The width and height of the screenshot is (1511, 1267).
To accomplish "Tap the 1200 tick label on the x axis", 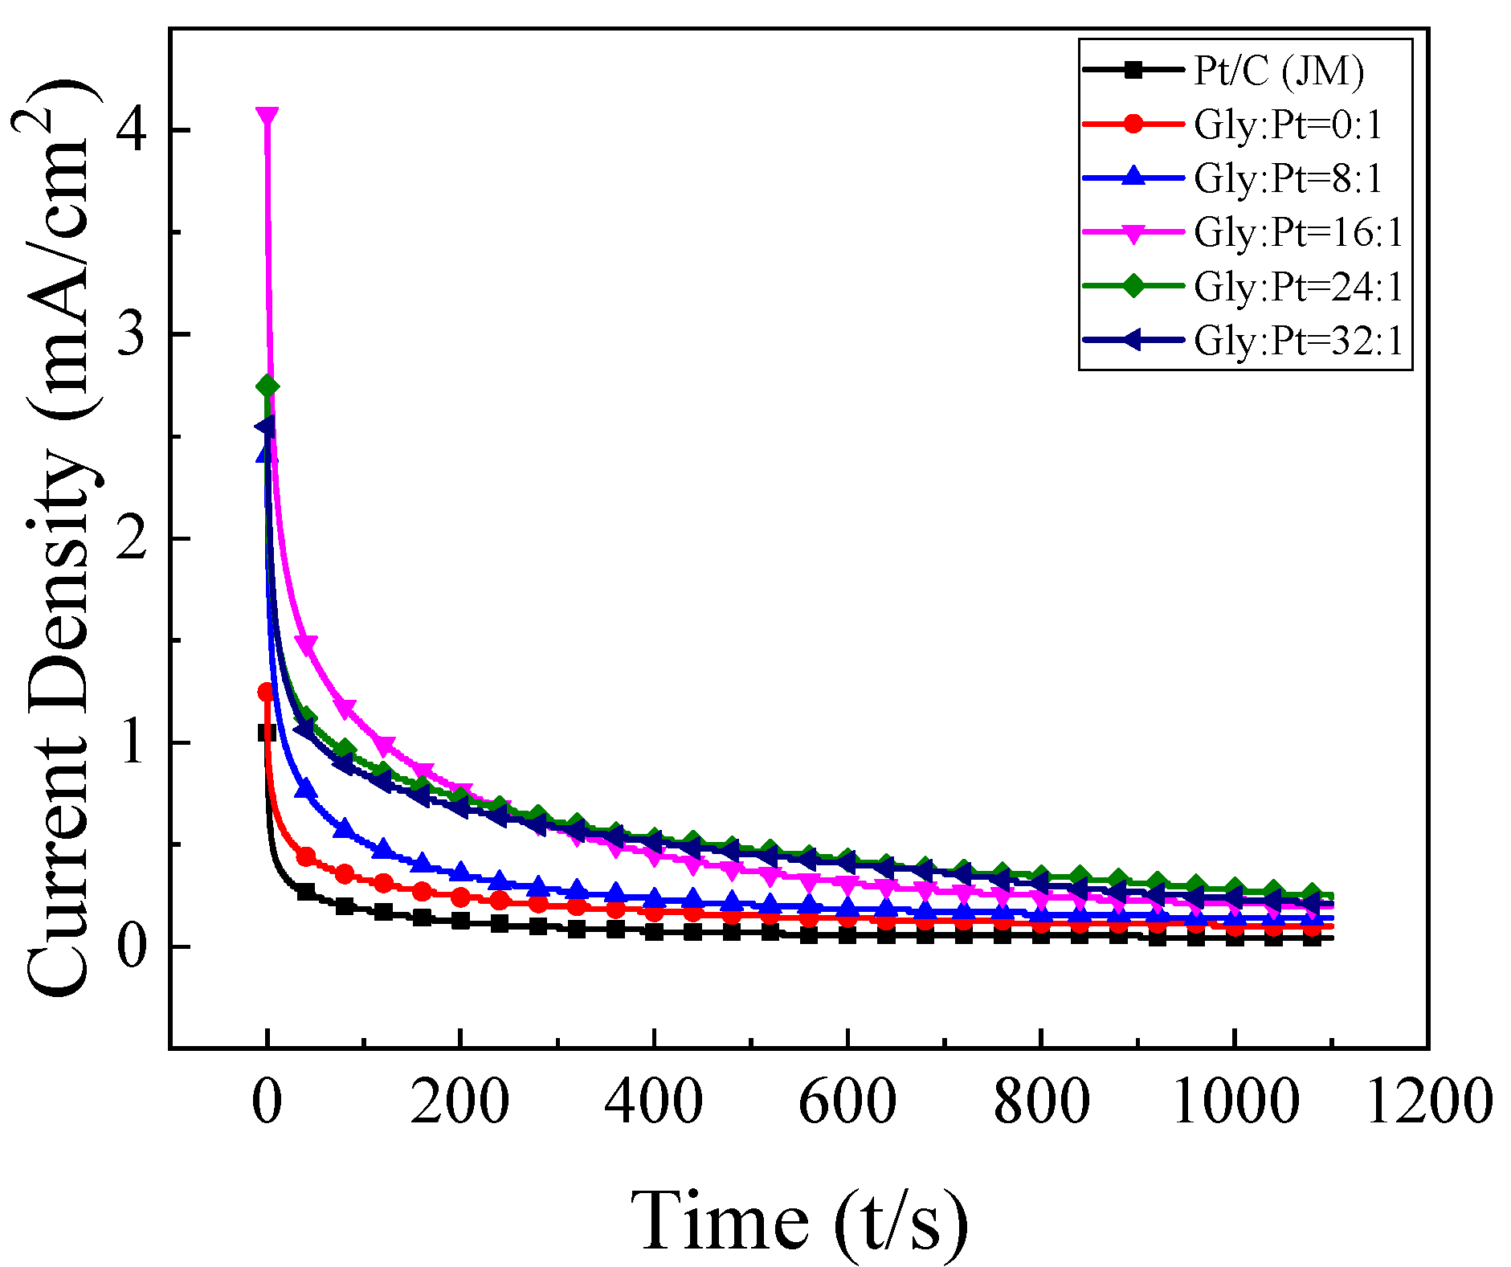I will tap(1428, 1101).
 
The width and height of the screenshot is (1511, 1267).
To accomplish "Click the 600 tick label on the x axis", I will tap(847, 1101).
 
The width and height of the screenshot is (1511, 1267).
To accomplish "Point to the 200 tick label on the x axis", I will tap(459, 1101).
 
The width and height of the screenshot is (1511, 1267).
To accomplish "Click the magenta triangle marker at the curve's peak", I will tap(267, 116).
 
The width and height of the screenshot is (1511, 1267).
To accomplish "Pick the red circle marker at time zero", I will tap(267, 692).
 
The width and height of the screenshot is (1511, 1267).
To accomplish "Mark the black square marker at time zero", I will tap(267, 733).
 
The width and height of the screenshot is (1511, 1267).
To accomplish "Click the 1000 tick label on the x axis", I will tap(1235, 1101).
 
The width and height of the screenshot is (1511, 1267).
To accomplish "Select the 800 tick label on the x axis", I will tap(1041, 1101).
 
